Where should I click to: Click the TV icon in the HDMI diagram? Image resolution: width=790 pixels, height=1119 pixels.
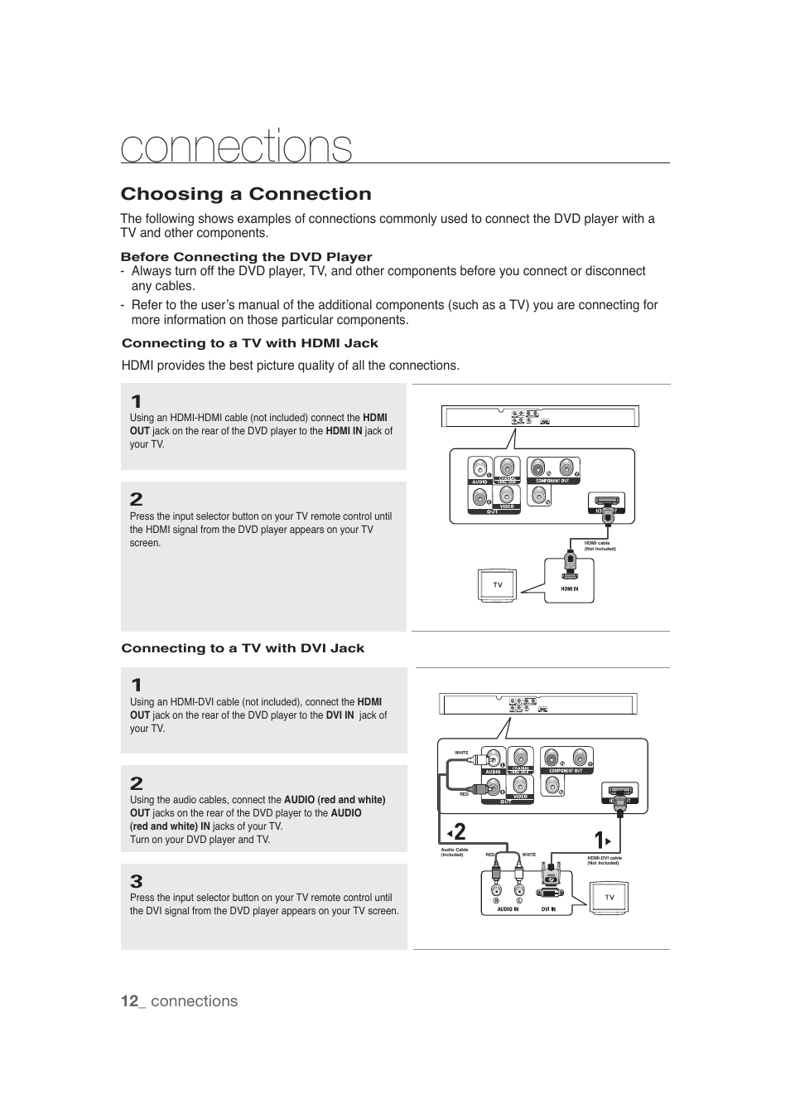tap(498, 585)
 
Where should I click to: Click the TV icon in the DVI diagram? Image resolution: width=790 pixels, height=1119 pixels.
tap(609, 898)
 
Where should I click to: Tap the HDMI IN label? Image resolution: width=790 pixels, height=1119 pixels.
tap(569, 589)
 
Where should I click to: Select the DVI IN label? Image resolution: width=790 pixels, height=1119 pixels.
tap(548, 909)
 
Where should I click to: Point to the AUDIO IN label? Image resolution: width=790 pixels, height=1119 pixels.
tap(508, 909)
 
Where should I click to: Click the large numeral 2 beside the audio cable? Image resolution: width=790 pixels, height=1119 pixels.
tap(459, 832)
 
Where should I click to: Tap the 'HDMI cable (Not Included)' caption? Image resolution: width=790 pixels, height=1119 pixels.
tap(600, 545)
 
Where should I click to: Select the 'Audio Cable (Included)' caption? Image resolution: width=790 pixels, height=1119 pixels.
tap(455, 852)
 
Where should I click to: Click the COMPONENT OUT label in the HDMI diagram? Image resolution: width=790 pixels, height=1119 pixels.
tap(552, 481)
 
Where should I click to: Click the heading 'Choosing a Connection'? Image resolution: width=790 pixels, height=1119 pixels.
tap(246, 194)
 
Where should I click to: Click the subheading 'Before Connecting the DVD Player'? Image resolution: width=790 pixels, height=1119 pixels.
tap(246, 257)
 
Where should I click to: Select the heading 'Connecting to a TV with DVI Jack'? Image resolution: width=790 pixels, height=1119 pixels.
tap(243, 648)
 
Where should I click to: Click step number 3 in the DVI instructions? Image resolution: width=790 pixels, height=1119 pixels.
tap(137, 881)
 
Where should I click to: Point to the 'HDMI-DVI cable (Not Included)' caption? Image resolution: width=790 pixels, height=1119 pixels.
tap(604, 860)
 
